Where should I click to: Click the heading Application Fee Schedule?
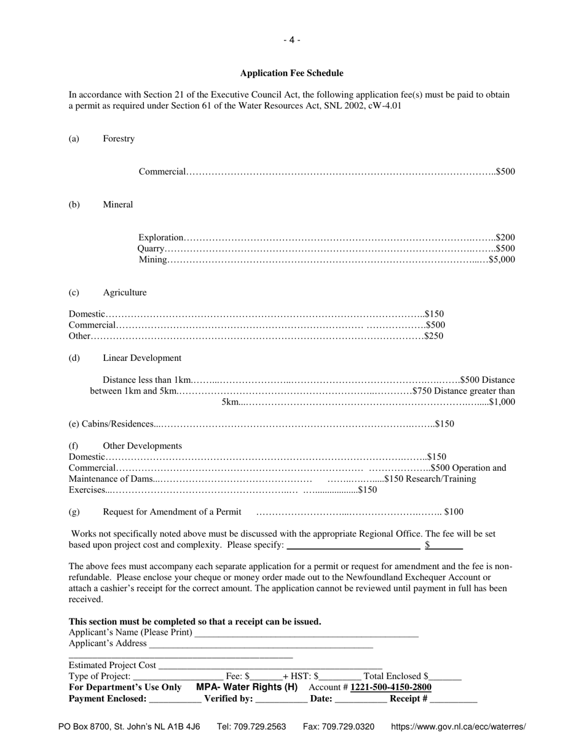(x=291, y=73)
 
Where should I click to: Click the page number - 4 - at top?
(x=291, y=40)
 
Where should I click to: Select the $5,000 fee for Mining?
(x=502, y=259)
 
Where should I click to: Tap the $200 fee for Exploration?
(x=505, y=237)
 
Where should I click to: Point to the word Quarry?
(x=151, y=248)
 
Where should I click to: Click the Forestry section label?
(x=119, y=139)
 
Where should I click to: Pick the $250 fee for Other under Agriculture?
(x=434, y=336)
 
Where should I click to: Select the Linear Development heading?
(x=142, y=358)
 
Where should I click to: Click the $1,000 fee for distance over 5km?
(x=502, y=402)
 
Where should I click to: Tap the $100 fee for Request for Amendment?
(x=454, y=511)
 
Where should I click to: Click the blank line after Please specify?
(x=353, y=546)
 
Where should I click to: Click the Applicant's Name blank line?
(x=306, y=634)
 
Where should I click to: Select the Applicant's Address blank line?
(x=261, y=644)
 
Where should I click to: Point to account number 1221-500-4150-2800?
(x=391, y=687)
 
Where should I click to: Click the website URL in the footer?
(x=458, y=726)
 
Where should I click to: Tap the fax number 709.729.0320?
(x=339, y=726)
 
